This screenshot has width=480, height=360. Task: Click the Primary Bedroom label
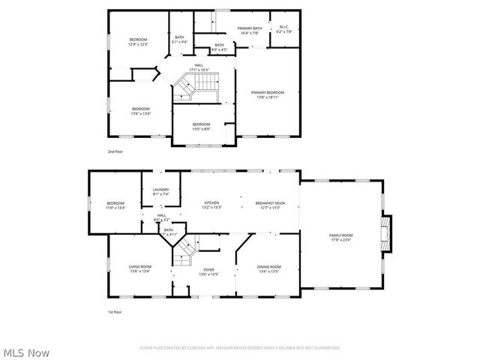click(x=268, y=94)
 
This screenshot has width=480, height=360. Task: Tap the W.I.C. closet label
click(x=282, y=30)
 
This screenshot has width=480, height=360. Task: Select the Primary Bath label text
click(x=249, y=30)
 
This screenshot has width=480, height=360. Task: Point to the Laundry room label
click(x=161, y=192)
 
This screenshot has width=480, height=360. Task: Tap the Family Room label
click(x=341, y=237)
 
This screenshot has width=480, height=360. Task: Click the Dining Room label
click(x=268, y=269)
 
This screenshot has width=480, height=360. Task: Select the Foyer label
click(x=208, y=271)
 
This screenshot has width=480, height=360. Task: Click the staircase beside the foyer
click(x=184, y=253)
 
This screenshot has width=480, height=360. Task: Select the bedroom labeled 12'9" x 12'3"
click(x=137, y=41)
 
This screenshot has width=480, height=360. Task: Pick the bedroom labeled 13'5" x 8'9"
click(x=201, y=126)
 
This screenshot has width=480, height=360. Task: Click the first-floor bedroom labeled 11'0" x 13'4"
click(x=115, y=205)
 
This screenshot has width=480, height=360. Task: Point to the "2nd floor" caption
click(x=115, y=151)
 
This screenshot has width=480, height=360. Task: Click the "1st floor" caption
click(x=114, y=311)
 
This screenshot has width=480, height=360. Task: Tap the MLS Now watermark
click(x=26, y=352)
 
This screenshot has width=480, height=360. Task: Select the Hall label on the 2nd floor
click(x=199, y=67)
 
